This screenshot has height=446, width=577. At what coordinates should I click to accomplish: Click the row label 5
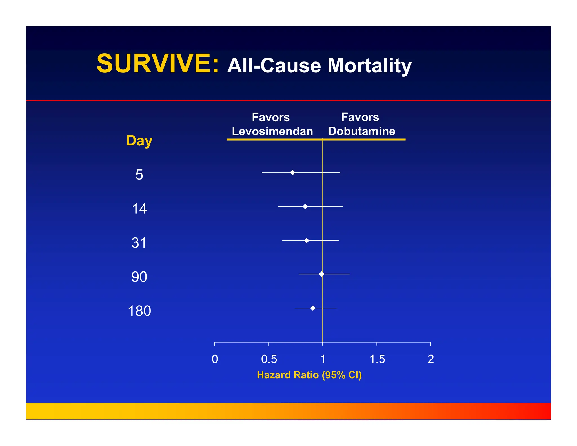tap(139, 175)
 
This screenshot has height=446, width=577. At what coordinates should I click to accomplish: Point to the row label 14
tap(139, 209)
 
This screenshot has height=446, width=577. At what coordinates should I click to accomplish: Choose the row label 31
tap(139, 243)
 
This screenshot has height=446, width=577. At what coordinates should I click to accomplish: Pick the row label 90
tap(139, 277)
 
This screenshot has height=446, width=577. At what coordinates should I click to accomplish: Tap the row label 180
tap(139, 311)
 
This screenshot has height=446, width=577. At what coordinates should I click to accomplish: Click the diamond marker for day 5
tap(292, 172)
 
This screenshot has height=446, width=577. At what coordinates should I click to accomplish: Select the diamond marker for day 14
tap(305, 206)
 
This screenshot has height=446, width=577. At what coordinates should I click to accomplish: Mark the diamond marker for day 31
tap(307, 240)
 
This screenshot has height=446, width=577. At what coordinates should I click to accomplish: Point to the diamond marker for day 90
tap(321, 274)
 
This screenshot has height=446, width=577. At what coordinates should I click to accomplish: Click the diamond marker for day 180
tap(313, 308)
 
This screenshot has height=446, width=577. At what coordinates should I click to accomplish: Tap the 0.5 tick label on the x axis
tap(269, 359)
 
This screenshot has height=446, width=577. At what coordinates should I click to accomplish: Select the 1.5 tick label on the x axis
tap(377, 359)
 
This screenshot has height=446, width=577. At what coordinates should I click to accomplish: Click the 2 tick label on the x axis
tap(430, 359)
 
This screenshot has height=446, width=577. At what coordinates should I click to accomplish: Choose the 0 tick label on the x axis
tap(215, 359)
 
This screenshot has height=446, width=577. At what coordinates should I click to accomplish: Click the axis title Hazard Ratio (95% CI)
tap(309, 375)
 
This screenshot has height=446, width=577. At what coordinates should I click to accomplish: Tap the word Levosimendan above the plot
tap(272, 131)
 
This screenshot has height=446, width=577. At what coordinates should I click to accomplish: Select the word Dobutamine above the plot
tap(362, 131)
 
